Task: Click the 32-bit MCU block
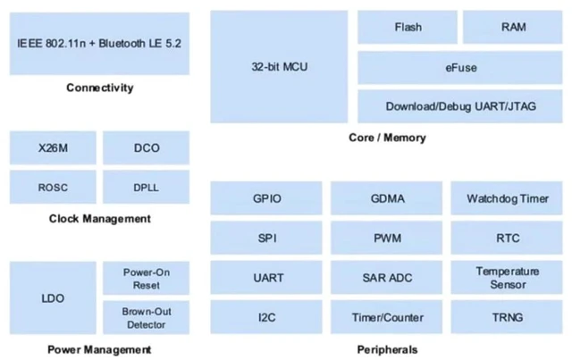coord(279,67)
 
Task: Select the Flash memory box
coord(408,28)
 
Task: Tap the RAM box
coord(513,28)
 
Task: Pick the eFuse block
coord(460,68)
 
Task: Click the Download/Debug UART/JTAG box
coord(460,106)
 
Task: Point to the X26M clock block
coord(53,148)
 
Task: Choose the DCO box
coord(147,148)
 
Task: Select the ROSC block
coord(53,187)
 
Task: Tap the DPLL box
coord(147,187)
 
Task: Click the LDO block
coord(53,298)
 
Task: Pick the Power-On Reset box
coord(147,279)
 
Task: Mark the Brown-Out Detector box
coord(147,318)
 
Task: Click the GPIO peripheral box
coord(266,198)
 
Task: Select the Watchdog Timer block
coord(507,198)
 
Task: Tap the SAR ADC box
coord(387,278)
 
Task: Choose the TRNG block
coord(507,317)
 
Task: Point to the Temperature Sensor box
coord(507,278)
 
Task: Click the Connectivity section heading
coord(100,88)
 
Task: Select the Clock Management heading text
coord(100,219)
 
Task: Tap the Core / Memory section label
coord(387,138)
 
